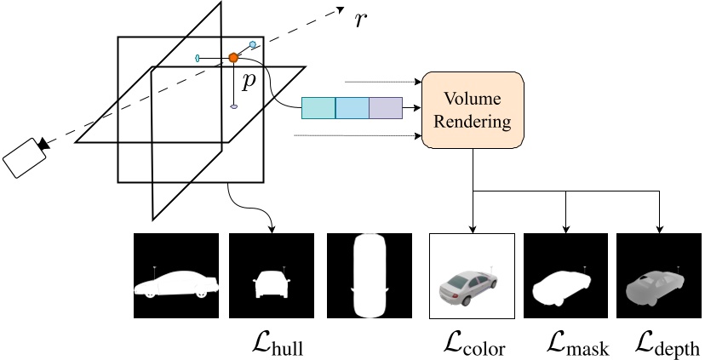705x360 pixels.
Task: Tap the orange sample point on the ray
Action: [232, 57]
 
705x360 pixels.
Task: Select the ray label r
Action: [362, 20]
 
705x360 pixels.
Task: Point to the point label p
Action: [248, 81]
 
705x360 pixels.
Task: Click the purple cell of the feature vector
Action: [385, 108]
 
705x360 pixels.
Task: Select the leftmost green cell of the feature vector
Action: [318, 108]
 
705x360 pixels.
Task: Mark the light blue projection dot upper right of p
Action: [252, 43]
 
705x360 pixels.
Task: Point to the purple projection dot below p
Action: [233, 107]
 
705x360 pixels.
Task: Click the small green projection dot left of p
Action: [198, 58]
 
